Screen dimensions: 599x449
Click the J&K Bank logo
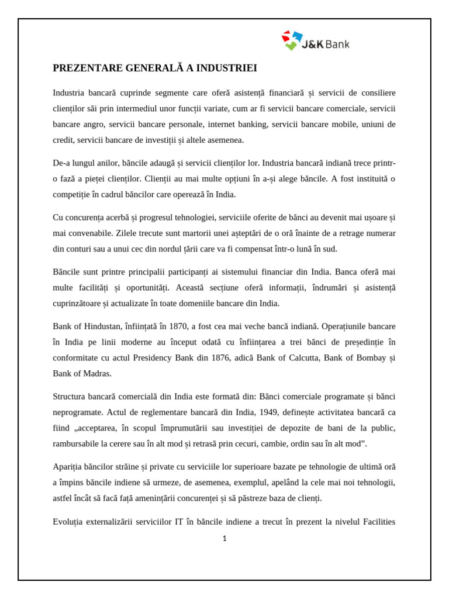pos(315,41)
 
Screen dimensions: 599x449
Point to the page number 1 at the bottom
pos(224,539)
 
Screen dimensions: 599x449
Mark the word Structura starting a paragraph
pos(71,396)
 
